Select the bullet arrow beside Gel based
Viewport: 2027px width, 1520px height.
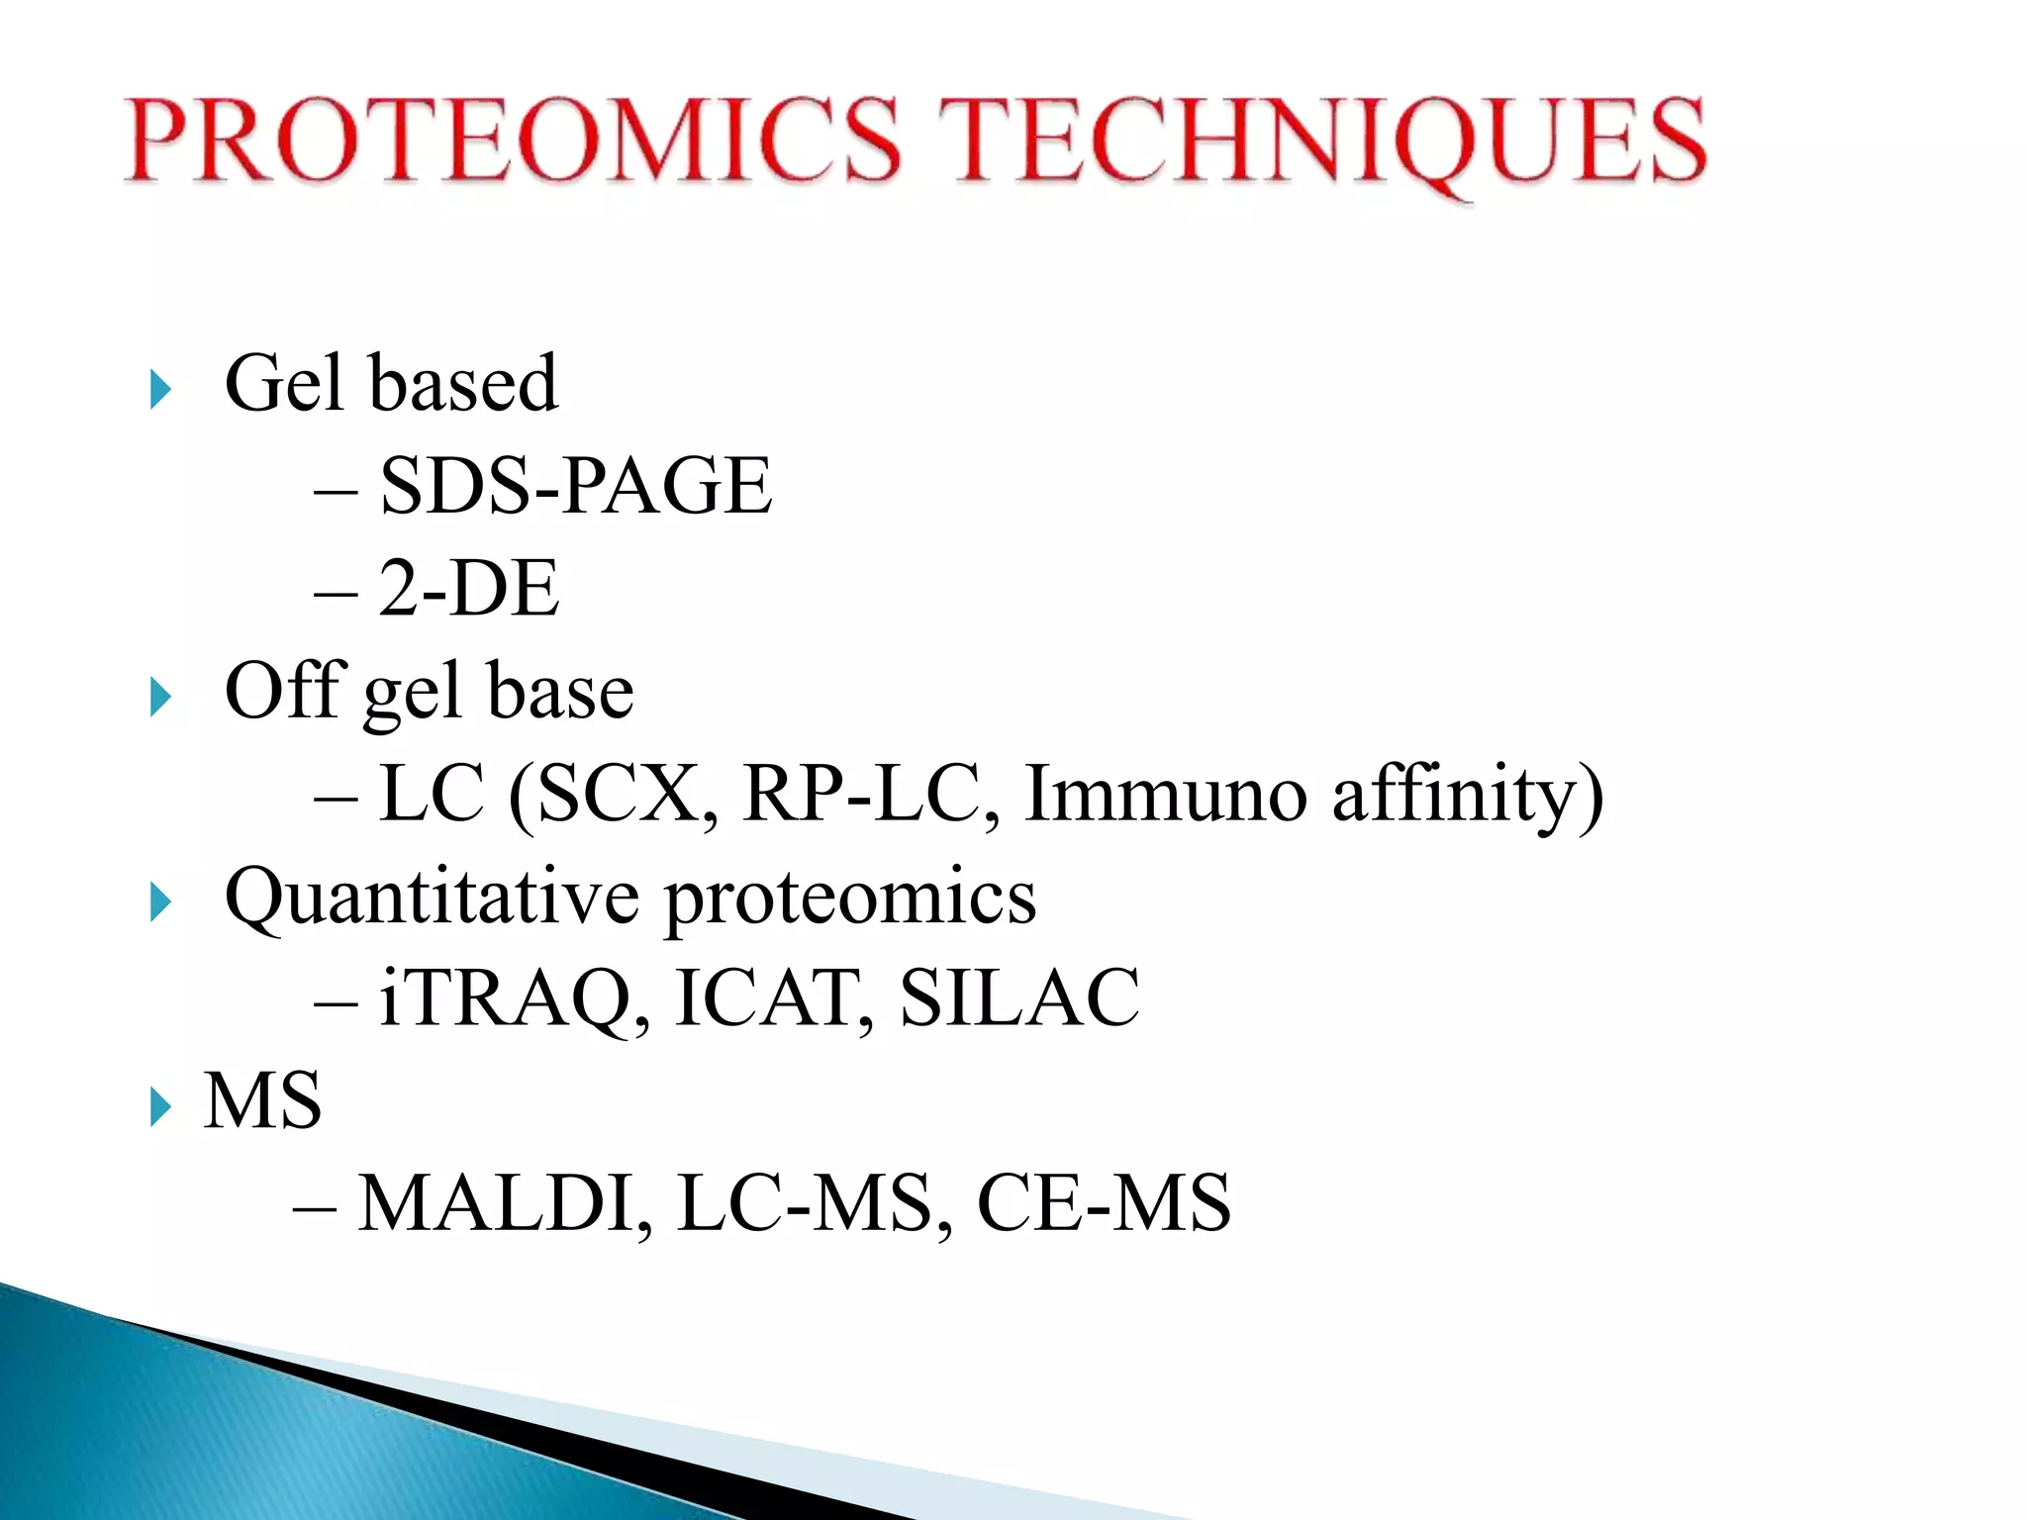click(x=160, y=389)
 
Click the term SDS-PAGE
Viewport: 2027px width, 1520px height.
click(x=575, y=486)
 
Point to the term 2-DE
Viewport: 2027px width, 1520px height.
click(x=468, y=589)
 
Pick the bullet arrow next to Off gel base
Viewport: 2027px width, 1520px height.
click(x=160, y=698)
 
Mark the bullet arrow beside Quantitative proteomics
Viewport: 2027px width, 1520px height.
click(x=160, y=902)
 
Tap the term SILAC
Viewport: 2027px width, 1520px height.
click(x=1019, y=998)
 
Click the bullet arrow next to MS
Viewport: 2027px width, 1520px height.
click(x=160, y=1106)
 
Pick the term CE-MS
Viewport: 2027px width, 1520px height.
click(x=1104, y=1204)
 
